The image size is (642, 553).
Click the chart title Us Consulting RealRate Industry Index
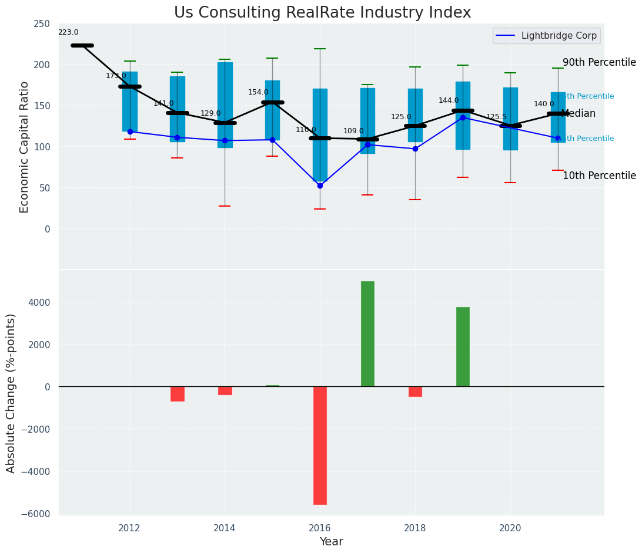coord(322,13)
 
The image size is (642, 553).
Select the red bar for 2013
coord(178,393)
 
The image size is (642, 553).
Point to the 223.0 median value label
coord(68,33)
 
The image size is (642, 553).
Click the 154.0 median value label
coord(258,92)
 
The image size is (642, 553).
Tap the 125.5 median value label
coord(496,117)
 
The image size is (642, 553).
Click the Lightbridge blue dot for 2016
coord(320,186)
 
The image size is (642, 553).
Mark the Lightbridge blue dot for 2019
coord(463,117)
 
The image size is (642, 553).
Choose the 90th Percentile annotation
coord(599,62)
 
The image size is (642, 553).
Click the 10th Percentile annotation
coord(599,176)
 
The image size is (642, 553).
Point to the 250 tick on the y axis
coord(42,23)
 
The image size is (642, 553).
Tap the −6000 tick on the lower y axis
coord(38,514)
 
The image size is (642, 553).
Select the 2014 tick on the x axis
coord(225,528)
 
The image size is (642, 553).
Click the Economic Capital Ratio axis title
coord(24,147)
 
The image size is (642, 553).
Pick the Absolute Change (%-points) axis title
coord(11,393)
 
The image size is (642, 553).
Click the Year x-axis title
coord(332,542)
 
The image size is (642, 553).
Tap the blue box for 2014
coord(225,104)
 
